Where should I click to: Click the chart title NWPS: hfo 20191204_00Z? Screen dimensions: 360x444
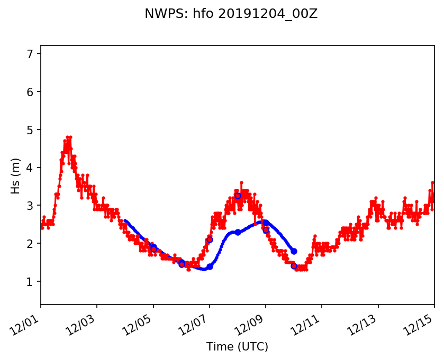231,14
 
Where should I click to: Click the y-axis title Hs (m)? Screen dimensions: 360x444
16,176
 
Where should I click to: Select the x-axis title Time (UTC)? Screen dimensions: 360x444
237,347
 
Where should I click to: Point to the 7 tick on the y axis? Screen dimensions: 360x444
30,54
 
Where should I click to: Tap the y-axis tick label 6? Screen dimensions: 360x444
30,92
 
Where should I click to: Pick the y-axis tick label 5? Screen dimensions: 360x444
30,130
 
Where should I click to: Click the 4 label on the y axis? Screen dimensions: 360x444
30,168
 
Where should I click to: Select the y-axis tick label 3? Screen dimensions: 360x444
30,206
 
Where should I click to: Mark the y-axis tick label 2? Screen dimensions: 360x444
30,244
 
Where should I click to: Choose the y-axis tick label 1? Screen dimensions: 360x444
30,282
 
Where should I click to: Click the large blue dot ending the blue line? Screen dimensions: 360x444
294,251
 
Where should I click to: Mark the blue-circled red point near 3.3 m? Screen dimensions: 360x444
238,196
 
